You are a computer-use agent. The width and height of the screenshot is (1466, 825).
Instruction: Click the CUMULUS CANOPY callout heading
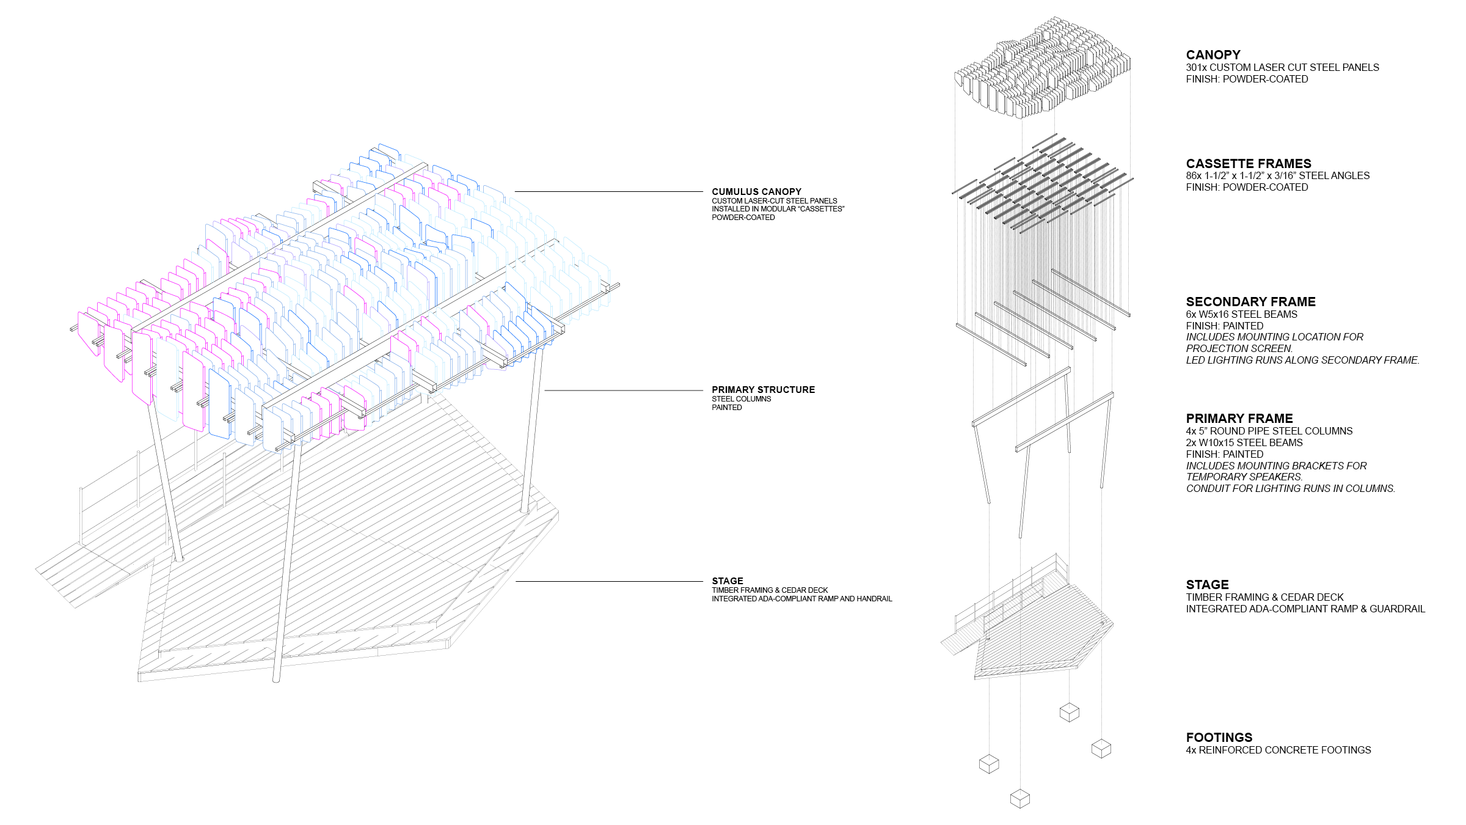click(756, 192)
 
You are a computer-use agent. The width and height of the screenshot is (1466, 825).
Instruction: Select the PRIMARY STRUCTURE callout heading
click(763, 390)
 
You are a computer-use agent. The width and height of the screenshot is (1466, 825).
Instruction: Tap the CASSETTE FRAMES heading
click(1249, 164)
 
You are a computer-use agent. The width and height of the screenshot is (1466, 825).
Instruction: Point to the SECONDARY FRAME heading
click(1250, 302)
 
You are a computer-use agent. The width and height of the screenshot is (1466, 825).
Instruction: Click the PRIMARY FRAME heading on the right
click(1239, 419)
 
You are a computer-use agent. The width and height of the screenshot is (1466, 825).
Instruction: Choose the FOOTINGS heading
click(1219, 738)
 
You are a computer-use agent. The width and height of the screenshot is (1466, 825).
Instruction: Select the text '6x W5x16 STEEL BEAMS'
click(1241, 315)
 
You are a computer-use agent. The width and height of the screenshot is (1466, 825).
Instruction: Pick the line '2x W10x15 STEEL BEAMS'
click(1244, 443)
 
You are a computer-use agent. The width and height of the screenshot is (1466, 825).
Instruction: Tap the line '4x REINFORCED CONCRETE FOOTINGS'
click(1278, 750)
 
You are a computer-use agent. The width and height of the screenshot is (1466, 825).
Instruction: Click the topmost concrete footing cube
click(1069, 713)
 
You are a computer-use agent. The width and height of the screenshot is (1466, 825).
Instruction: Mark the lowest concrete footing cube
click(1020, 798)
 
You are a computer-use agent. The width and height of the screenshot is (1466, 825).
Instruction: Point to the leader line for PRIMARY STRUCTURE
click(623, 391)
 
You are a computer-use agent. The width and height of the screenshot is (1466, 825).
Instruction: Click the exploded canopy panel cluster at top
click(1042, 67)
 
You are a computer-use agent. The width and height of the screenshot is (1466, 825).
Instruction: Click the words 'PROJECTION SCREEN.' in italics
click(1239, 349)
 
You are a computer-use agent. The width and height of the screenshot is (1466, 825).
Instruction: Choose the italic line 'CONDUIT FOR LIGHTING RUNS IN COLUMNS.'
click(1290, 489)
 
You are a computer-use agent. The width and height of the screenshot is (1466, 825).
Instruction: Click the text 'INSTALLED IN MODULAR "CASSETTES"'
click(778, 209)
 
